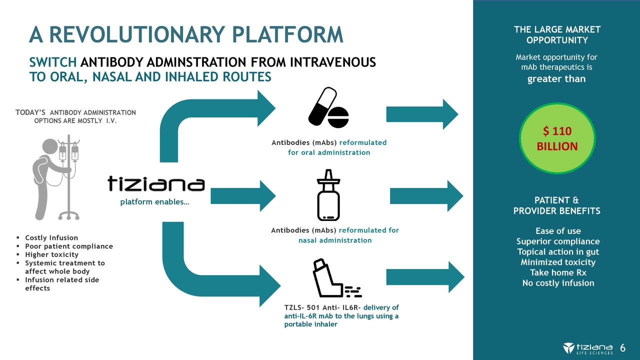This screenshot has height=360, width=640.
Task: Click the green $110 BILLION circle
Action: pos(557,138)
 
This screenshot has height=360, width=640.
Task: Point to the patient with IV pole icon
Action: pos(56,178)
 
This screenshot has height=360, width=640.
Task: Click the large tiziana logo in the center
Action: pos(156,184)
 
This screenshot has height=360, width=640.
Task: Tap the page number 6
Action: pos(623,348)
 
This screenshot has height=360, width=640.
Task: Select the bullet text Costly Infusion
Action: pos(51,237)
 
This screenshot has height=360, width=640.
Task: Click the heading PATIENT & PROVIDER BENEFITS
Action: pos(556,205)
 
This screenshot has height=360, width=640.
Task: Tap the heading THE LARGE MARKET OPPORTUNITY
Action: pos(556,34)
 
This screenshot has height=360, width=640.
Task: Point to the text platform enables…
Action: pos(154,202)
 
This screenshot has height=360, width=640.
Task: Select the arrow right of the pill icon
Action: pos(421,114)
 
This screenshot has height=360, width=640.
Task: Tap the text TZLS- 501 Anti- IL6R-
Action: pos(322,307)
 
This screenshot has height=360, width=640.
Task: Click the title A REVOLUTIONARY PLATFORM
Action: pos(186,34)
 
